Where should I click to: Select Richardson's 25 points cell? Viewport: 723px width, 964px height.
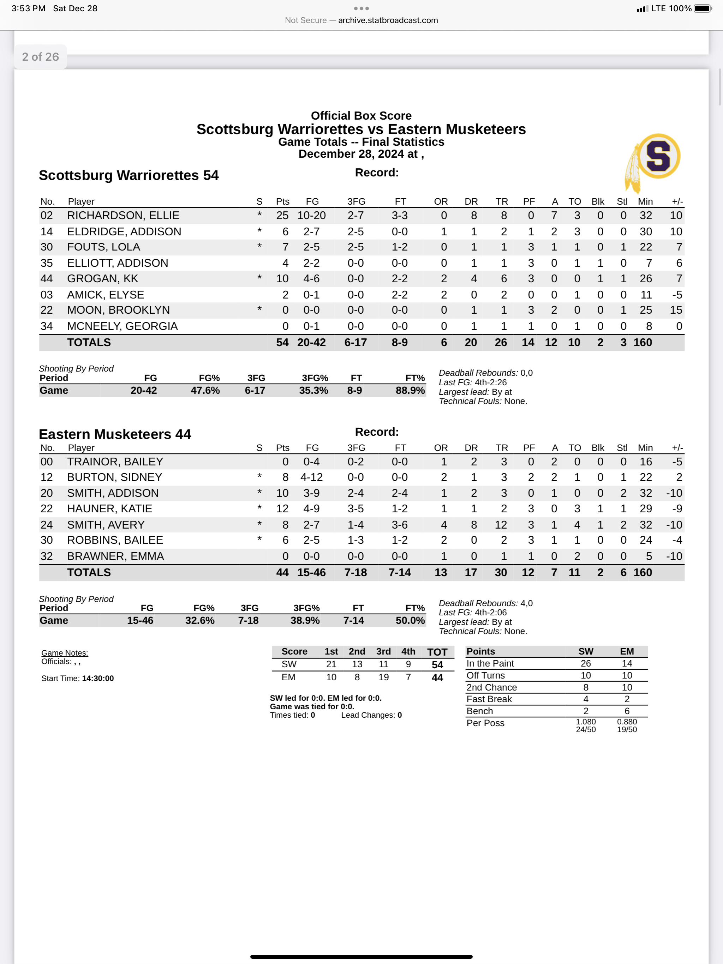pyautogui.click(x=282, y=215)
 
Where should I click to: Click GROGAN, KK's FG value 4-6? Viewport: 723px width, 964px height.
pyautogui.click(x=311, y=278)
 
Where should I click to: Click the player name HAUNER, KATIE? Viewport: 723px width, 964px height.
pyautogui.click(x=109, y=508)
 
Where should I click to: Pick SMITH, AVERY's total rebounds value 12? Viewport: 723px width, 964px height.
pyautogui.click(x=501, y=525)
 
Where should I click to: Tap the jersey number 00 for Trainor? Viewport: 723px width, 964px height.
pyautogui.click(x=47, y=462)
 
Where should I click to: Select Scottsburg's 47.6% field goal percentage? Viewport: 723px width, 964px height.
pyautogui.click(x=205, y=391)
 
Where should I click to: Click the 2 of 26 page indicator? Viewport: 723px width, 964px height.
pyautogui.click(x=40, y=57)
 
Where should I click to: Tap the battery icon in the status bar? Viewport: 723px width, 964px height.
pyautogui.click(x=703, y=8)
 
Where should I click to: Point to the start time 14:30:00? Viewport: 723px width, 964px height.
pyautogui.click(x=98, y=678)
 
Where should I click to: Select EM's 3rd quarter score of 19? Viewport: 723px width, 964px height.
pyautogui.click(x=383, y=677)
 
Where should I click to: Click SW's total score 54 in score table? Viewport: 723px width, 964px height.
pyautogui.click(x=437, y=664)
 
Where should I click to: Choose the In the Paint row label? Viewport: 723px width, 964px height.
pyautogui.click(x=490, y=663)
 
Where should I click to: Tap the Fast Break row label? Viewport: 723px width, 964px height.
pyautogui.click(x=489, y=699)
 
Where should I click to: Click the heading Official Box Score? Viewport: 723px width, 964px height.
pyautogui.click(x=361, y=115)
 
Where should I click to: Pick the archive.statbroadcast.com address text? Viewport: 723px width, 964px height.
pyautogui.click(x=388, y=20)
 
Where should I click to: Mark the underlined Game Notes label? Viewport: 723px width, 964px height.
pyautogui.click(x=65, y=653)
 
